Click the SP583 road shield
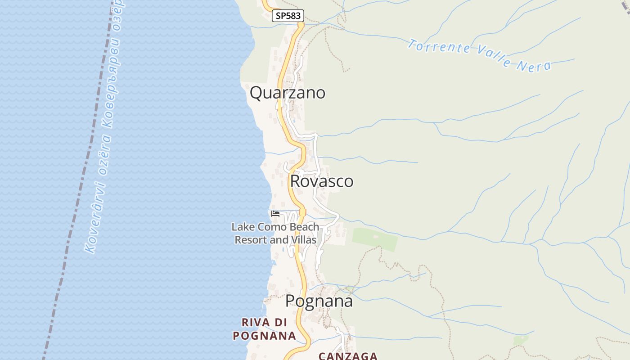[288, 16]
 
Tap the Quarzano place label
[288, 93]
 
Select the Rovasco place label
[322, 181]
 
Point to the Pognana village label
[319, 301]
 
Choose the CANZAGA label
[348, 356]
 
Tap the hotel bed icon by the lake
[275, 214]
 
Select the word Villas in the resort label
[303, 240]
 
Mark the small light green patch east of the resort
[375, 238]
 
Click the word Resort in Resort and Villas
[251, 240]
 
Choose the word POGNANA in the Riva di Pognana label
[264, 335]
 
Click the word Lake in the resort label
[242, 227]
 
